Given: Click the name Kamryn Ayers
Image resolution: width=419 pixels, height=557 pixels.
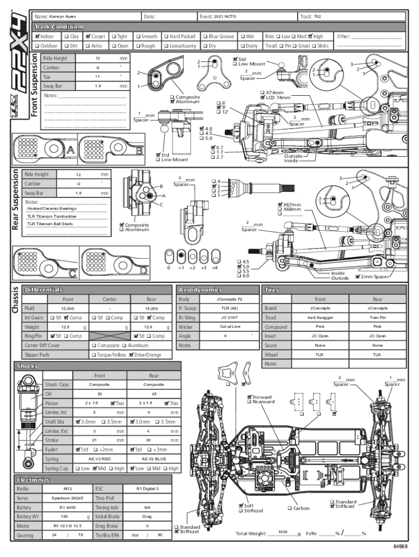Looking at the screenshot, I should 63,17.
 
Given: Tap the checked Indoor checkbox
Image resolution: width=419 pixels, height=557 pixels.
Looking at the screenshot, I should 36,36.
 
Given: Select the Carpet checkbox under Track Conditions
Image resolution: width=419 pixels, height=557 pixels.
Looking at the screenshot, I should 87,36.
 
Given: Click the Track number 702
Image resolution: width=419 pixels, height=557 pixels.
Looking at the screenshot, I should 317,17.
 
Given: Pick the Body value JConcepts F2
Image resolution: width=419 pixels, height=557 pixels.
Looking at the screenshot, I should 229,299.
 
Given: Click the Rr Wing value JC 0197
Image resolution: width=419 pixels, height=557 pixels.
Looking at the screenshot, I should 229,317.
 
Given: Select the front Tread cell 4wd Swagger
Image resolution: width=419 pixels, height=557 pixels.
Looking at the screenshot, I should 320,317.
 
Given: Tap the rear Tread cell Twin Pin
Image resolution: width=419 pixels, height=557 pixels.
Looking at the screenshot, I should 377,317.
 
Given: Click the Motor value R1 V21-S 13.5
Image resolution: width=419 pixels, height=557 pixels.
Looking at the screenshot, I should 67,526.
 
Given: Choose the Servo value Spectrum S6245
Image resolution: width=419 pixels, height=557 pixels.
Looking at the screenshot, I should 67,498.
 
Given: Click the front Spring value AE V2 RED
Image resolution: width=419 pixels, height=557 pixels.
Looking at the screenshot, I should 100,459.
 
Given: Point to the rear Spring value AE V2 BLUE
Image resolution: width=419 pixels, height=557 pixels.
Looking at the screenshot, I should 153,459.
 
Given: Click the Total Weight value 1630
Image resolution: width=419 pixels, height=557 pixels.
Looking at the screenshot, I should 282,531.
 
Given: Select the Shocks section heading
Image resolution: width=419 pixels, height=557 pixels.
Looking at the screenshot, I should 27,366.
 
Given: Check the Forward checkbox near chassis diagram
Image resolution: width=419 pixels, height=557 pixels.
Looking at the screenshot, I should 250,397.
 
